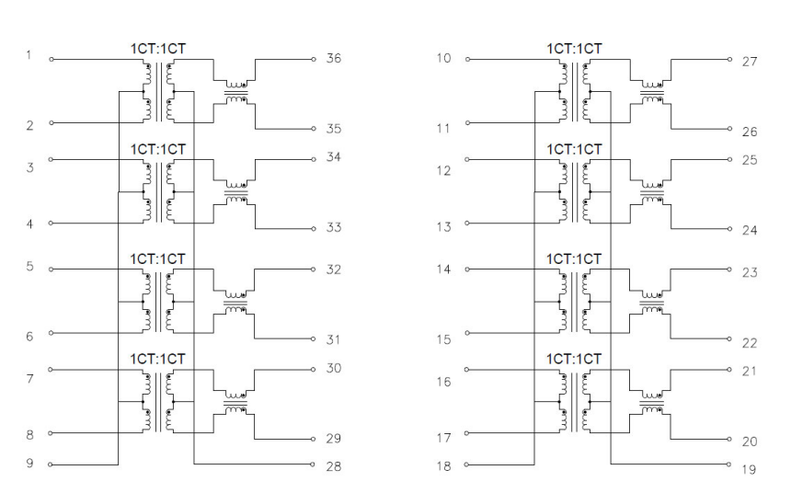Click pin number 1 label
29,54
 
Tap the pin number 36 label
334,58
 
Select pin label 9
29,463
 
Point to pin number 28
334,466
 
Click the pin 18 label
443,465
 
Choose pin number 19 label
749,469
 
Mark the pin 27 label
749,62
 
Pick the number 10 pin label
443,58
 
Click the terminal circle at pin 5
51,269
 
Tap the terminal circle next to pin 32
314,269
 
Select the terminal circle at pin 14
467,269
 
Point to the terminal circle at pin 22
729,338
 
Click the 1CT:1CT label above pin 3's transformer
158,149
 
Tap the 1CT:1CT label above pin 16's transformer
574,359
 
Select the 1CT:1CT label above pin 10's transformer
574,49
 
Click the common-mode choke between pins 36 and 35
235,92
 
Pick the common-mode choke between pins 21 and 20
652,403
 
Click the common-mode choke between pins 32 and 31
235,303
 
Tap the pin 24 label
749,230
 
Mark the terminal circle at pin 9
51,464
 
